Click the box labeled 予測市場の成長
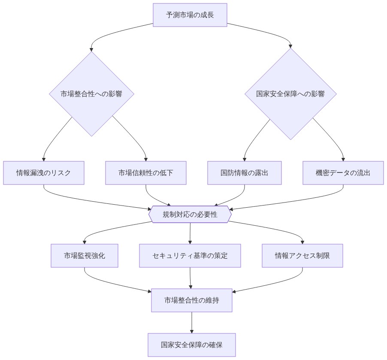190,15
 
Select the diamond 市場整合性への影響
91,94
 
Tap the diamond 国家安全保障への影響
290,94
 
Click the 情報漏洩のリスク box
44,173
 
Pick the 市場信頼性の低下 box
146,173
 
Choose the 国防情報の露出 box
245,173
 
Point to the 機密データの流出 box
343,173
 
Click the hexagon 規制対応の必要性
190,215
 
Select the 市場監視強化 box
85,256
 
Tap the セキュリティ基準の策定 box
190,256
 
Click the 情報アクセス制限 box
302,256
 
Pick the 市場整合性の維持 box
192,300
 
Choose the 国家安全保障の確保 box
192,345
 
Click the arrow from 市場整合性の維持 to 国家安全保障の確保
192,322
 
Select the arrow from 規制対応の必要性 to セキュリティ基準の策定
190,233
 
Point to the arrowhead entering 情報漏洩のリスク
44,159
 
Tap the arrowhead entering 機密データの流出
343,159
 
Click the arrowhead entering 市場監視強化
85,242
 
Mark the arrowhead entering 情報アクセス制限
302,242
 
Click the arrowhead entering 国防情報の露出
245,159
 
